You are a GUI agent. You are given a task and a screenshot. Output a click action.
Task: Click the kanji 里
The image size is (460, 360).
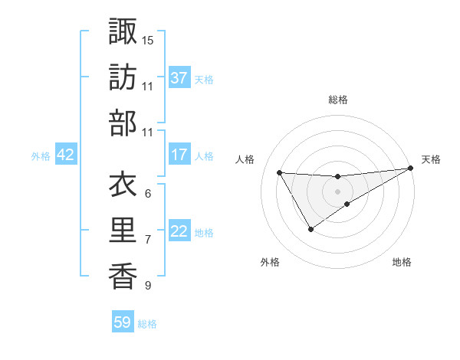[123, 231]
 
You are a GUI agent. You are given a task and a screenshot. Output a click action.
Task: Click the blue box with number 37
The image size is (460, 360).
[179, 77]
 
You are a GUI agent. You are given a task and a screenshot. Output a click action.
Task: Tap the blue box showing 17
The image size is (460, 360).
[179, 155]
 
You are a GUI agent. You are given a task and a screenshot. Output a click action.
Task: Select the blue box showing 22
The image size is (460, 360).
[179, 231]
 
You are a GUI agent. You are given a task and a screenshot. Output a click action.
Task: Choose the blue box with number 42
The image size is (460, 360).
[66, 155]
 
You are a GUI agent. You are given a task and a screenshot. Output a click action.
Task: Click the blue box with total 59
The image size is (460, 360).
[123, 322]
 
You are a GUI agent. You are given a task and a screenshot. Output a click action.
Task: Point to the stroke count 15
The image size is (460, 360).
[148, 39]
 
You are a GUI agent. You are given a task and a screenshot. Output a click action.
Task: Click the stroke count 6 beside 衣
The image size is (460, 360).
[147, 193]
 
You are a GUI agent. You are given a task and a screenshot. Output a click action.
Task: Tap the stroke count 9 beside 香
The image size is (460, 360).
[147, 286]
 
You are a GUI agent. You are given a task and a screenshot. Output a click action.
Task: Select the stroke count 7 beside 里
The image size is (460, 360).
[147, 240]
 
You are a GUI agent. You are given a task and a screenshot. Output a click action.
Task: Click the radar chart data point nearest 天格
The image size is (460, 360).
[412, 169]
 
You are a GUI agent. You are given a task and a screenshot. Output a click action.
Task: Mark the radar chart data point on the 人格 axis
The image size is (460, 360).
[280, 172]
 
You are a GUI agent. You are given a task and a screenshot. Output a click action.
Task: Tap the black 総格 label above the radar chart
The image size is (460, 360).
[338, 100]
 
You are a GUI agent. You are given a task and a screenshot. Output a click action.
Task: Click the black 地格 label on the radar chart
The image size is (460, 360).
[402, 262]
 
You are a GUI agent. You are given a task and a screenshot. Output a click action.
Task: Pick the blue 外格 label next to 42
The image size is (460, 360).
[41, 155]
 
